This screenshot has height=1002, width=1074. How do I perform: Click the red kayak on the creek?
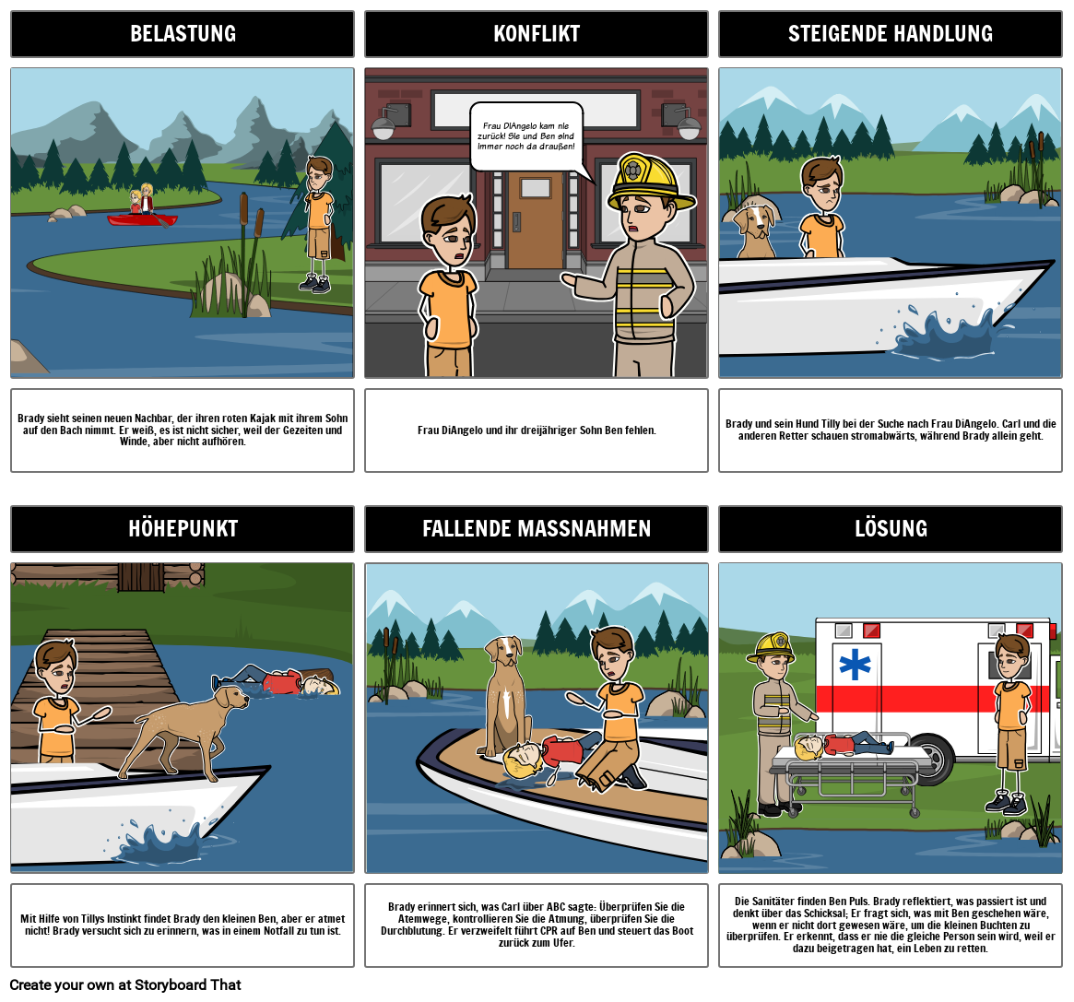coord(141,219)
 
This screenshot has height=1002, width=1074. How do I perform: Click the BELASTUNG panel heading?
coord(183,34)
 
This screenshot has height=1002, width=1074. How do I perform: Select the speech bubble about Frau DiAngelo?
coord(526,136)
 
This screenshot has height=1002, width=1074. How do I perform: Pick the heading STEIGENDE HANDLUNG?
coord(890,34)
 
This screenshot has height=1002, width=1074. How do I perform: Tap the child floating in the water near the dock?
coord(281,683)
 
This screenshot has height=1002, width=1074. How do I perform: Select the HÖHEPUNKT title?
coord(183,529)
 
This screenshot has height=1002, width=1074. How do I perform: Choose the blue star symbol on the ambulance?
coord(856,665)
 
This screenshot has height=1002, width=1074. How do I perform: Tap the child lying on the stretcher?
coord(844,745)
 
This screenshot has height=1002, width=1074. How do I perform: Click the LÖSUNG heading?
coord(890,529)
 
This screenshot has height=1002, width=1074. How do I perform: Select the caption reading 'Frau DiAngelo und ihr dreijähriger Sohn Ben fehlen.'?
coord(537,430)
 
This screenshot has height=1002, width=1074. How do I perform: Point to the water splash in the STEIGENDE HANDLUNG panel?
coord(939,336)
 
